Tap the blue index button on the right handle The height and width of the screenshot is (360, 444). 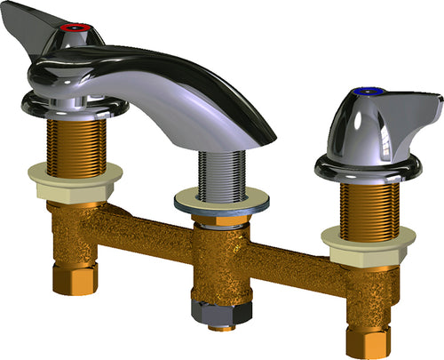tap(366, 92)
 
